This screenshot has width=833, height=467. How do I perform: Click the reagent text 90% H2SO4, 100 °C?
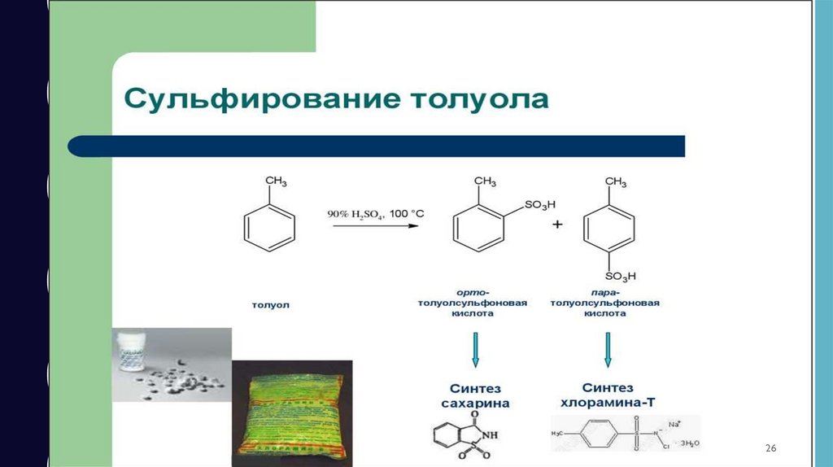click(375, 213)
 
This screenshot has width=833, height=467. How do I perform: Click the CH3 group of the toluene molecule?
click(275, 181)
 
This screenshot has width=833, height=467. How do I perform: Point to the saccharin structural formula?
click(464, 439)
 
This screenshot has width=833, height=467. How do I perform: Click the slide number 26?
click(771, 449)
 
